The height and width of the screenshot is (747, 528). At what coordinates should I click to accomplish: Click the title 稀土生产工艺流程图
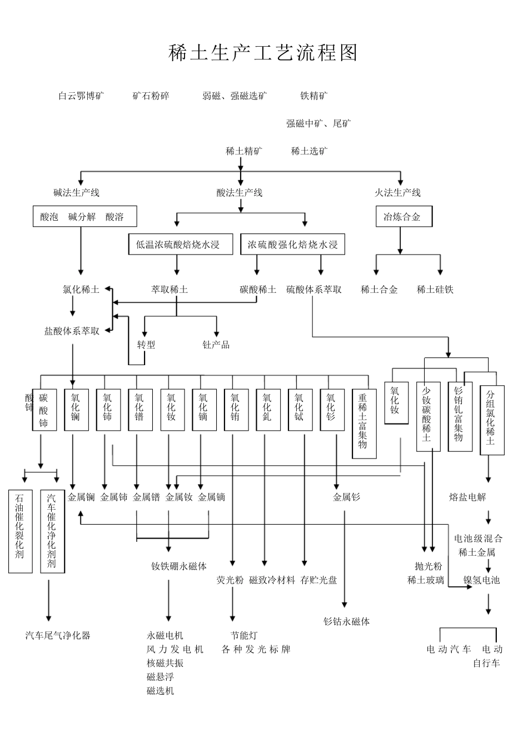[263, 53]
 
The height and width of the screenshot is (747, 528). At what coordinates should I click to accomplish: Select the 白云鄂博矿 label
[81, 96]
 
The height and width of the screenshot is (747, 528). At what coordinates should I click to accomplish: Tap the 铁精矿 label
[314, 96]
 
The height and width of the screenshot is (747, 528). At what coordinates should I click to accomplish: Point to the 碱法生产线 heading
[76, 193]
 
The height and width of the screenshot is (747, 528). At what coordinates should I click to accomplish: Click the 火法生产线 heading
[397, 193]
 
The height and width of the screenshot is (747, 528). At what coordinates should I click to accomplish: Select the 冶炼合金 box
[404, 217]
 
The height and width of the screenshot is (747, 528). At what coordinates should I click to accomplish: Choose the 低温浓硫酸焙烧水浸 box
[181, 245]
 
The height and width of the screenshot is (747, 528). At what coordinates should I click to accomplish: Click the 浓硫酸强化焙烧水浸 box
[292, 245]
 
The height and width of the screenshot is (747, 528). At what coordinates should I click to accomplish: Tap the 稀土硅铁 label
[435, 290]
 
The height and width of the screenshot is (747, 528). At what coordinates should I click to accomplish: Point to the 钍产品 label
[216, 345]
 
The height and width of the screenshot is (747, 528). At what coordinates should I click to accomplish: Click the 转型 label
[146, 345]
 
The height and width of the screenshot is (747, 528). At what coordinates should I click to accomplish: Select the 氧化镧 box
[76, 410]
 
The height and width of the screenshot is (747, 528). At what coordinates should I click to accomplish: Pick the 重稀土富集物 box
[363, 422]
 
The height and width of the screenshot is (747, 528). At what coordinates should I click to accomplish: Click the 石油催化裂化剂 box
[20, 531]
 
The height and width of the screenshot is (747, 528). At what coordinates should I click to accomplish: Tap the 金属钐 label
[346, 497]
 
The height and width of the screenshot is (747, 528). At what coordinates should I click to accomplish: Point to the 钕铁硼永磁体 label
[179, 566]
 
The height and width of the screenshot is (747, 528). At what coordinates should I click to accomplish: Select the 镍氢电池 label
[481, 580]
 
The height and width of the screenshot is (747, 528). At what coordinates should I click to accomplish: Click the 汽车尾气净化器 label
[58, 635]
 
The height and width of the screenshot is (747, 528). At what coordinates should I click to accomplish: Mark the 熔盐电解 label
[467, 497]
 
